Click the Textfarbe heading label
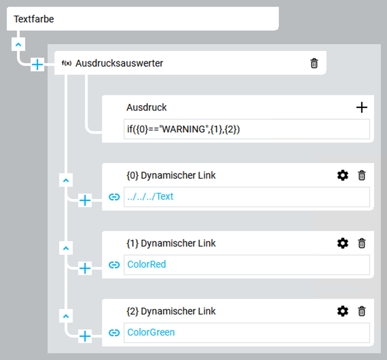pyautogui.click(x=34, y=19)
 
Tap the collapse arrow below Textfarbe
pyautogui.click(x=18, y=45)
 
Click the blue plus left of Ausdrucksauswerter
pyautogui.click(x=37, y=65)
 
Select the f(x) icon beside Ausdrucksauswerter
pyautogui.click(x=67, y=63)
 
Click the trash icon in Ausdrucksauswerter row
pyautogui.click(x=314, y=63)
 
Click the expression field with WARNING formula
pyautogui.click(x=247, y=129)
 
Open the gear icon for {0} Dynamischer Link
pyautogui.click(x=343, y=176)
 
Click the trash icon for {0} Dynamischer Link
pyautogui.click(x=362, y=176)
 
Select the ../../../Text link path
pyautogui.click(x=150, y=197)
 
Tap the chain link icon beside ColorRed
pyautogui.click(x=114, y=265)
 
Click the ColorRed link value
pyautogui.click(x=147, y=264)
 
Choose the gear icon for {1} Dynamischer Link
pyautogui.click(x=343, y=244)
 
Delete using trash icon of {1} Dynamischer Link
pyautogui.click(x=362, y=244)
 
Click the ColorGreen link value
pyautogui.click(x=151, y=332)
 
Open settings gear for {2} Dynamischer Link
pyautogui.click(x=343, y=311)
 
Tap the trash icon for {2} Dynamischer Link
pyautogui.click(x=362, y=311)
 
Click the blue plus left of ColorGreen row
pyautogui.click(x=85, y=336)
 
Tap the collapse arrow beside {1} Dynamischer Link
pyautogui.click(x=66, y=248)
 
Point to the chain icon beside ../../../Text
pyautogui.click(x=114, y=197)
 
